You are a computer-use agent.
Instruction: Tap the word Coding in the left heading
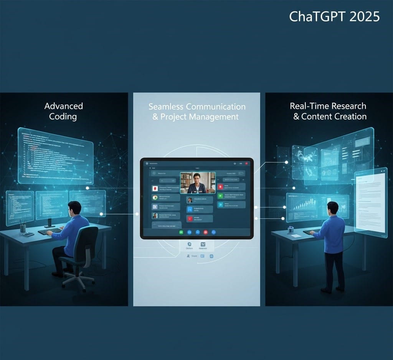[x=63, y=116]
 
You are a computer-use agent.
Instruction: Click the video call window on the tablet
[x=198, y=182]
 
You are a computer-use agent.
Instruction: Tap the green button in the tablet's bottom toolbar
[x=181, y=232]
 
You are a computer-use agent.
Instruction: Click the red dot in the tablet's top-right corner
[x=246, y=163]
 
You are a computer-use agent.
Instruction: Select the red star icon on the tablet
[x=220, y=187]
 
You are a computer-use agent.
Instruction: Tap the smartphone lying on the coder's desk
[x=28, y=234]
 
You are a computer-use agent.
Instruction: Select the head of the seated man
[x=75, y=208]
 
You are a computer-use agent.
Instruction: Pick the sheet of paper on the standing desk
[x=296, y=236]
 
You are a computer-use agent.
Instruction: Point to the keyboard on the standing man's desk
[x=311, y=232]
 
